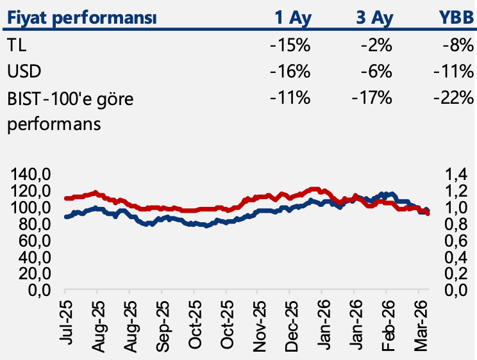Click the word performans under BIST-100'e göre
(53, 124)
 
